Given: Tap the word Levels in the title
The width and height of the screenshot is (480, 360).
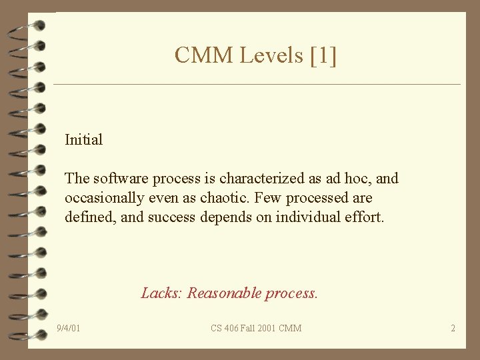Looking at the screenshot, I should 271,55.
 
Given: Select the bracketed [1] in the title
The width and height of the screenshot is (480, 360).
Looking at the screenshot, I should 323,55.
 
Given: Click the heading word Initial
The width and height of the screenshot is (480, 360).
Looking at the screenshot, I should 83,140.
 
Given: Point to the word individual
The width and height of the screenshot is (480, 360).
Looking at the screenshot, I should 293,217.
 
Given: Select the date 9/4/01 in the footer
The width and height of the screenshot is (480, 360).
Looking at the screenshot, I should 69,328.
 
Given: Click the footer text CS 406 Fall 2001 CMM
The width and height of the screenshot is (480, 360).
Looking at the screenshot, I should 256,328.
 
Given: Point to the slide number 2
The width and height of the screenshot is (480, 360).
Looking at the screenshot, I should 453,328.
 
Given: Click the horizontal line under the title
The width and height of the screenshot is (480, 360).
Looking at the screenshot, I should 257,85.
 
